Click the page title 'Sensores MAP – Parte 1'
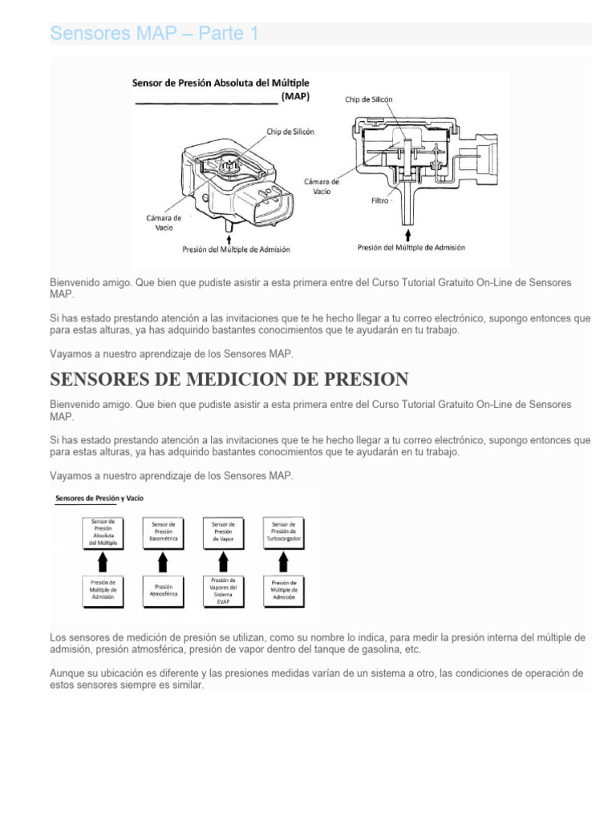[x=154, y=34]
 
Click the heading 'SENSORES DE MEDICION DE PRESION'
[x=229, y=379]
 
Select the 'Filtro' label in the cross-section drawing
[x=379, y=200]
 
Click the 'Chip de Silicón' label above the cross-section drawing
[x=369, y=99]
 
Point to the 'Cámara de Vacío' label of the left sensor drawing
[x=164, y=222]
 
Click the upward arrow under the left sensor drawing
[x=231, y=238]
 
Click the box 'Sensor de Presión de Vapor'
[x=223, y=532]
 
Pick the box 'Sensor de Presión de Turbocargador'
[x=284, y=532]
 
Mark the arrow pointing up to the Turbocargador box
[x=284, y=560]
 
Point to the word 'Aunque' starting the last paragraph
[x=67, y=673]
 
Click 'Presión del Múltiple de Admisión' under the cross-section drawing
[x=411, y=248]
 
